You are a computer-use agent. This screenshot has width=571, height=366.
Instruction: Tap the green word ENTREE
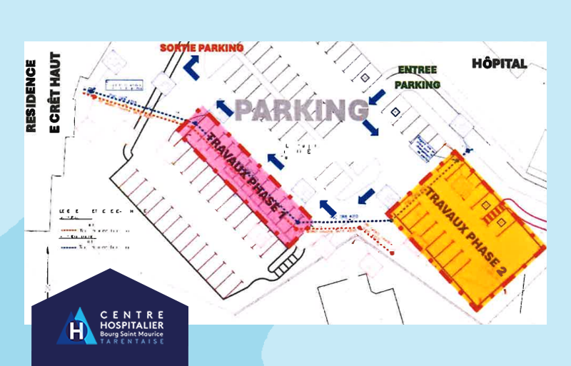(418, 71)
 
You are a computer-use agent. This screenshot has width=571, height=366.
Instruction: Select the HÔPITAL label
(500, 63)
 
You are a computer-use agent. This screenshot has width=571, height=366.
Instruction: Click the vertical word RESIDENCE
(31, 96)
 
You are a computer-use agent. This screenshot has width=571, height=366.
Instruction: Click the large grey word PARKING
(302, 111)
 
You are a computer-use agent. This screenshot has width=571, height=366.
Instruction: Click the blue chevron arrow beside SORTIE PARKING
(191, 67)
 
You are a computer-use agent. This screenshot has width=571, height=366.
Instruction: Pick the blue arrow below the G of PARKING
(370, 128)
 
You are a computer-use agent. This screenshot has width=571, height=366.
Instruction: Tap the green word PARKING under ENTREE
(420, 84)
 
